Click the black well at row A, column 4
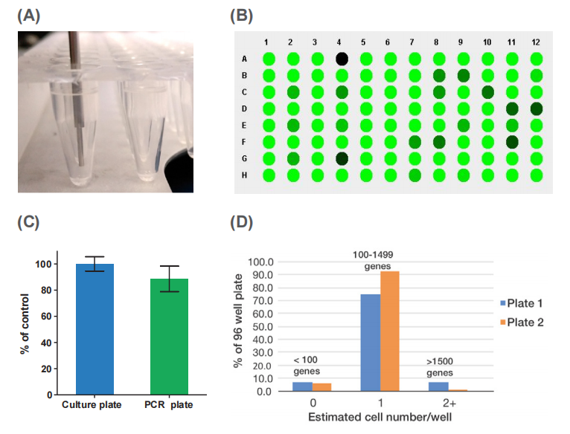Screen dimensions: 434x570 pyautogui.click(x=342, y=59)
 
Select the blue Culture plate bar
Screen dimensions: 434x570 pyautogui.click(x=95, y=328)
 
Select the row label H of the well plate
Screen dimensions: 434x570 pyautogui.click(x=246, y=175)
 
